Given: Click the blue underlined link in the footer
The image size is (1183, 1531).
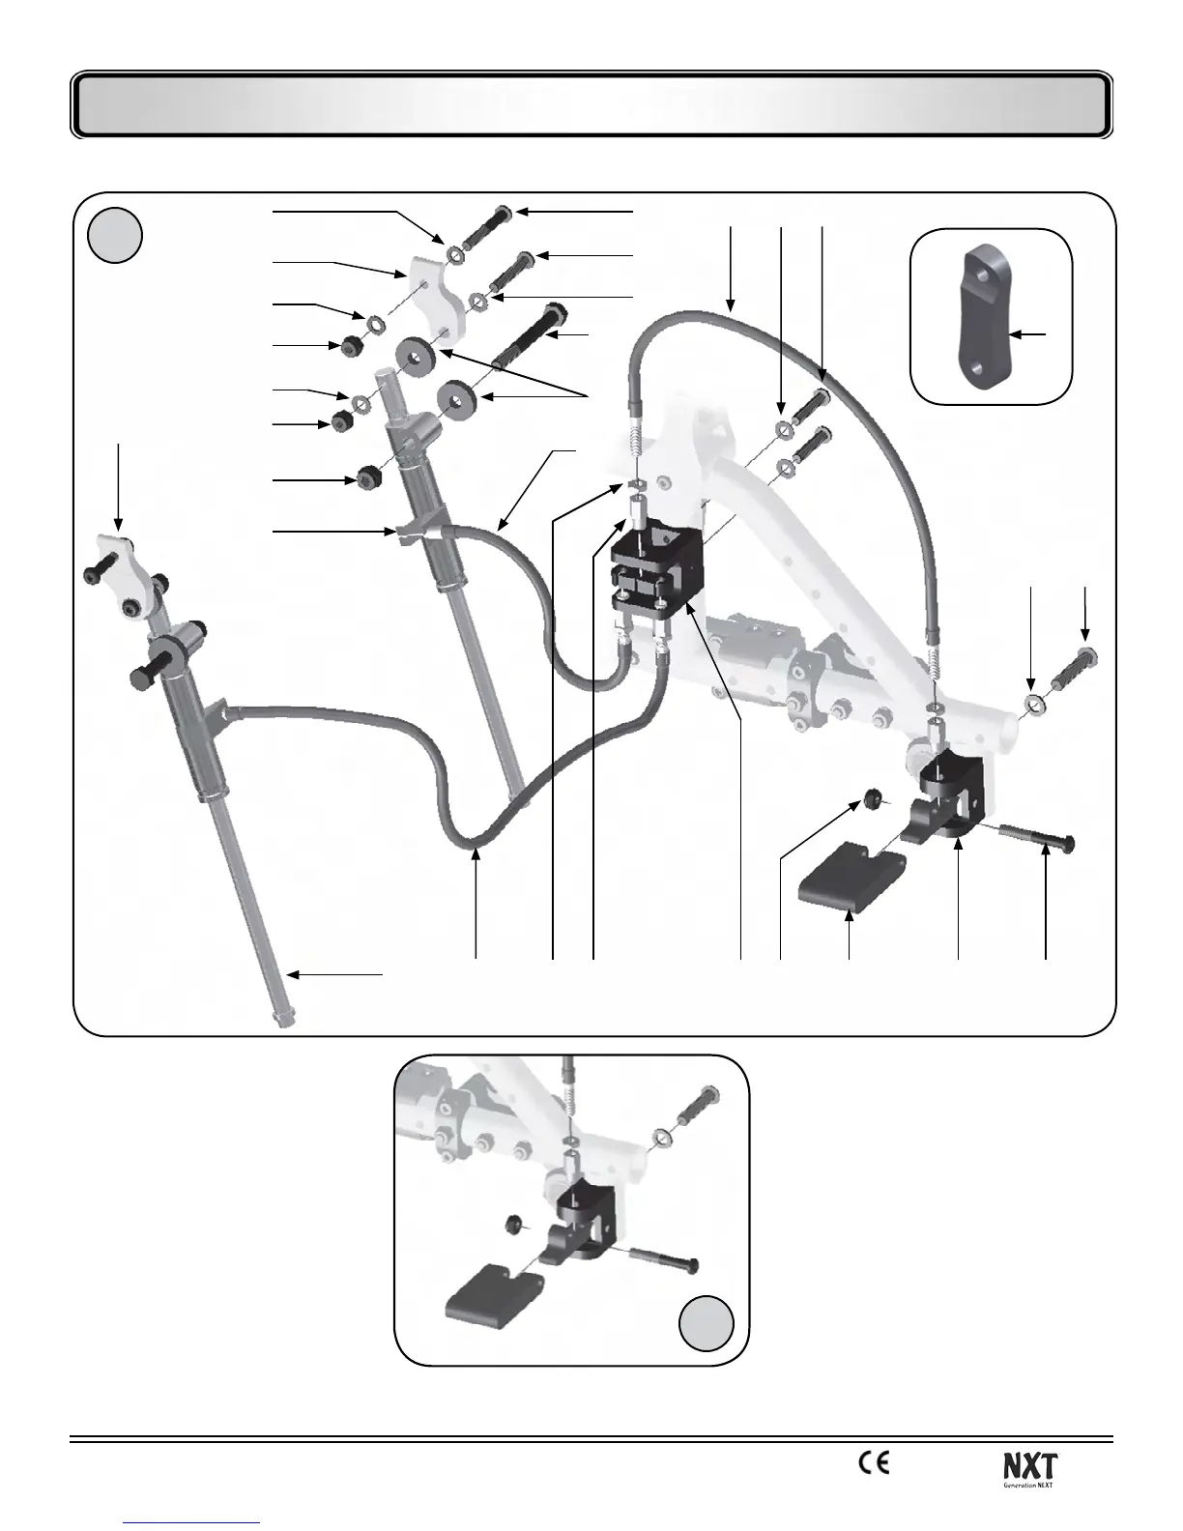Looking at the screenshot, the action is pos(193,1523).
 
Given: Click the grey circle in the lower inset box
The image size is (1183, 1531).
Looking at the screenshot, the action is pos(705,1323).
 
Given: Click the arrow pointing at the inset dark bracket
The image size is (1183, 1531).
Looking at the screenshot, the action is pos(1031,334).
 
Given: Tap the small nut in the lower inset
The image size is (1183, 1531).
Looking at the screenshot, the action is pos(513,1226).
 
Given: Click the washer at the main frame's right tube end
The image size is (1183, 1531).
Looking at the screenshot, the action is pos(1032,705).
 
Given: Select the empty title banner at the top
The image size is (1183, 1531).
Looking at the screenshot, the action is pos(591,104).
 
